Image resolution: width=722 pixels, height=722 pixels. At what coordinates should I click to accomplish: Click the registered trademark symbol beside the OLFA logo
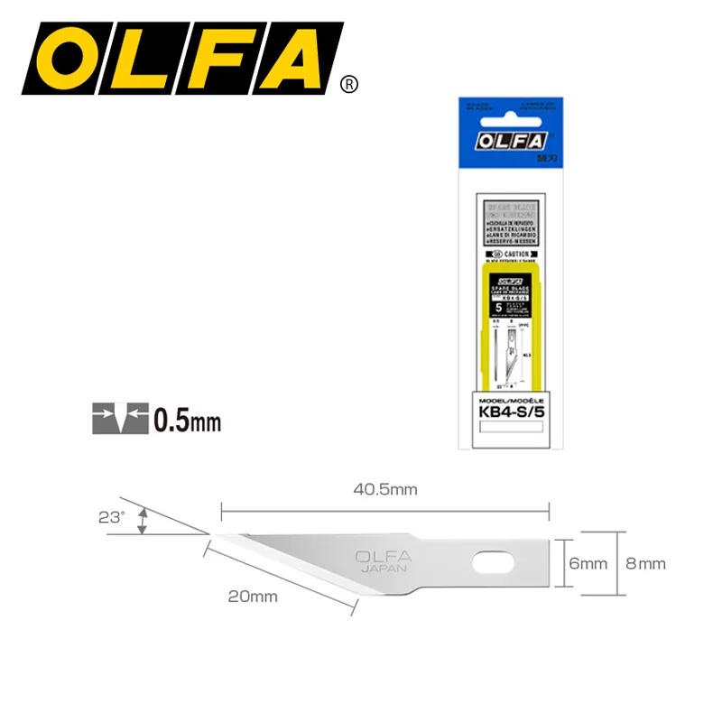[x=349, y=84]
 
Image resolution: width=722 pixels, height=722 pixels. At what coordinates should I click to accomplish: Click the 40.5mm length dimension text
[x=385, y=489]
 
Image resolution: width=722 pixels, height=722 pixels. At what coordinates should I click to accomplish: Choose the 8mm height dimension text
[x=645, y=564]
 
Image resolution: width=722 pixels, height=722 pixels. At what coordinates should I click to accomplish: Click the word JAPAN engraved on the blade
[x=384, y=569]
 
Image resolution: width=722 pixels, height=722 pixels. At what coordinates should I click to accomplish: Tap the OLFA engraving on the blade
[x=384, y=556]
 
